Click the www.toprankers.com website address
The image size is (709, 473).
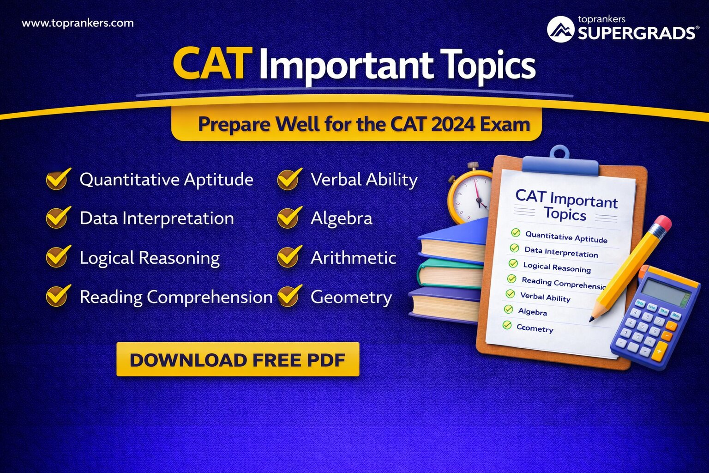point(78,23)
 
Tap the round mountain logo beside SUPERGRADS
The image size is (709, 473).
point(560,29)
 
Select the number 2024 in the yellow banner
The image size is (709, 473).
point(453,124)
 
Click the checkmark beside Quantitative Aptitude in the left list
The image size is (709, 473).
point(58,179)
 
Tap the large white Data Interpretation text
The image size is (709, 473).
point(156,218)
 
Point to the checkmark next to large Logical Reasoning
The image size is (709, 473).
point(58,257)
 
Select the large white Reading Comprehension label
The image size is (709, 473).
point(176,297)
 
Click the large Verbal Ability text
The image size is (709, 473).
point(364,180)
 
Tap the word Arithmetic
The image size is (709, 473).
point(353,258)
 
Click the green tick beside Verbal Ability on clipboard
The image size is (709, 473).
point(510,294)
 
